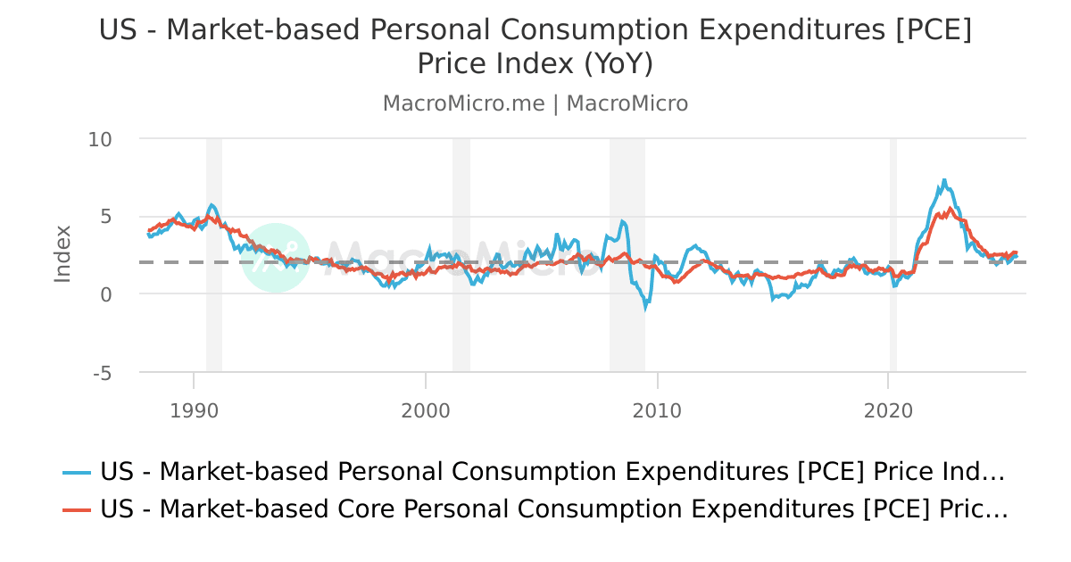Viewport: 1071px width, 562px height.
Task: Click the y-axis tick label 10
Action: (100, 139)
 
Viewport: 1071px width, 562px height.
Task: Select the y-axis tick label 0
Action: (105, 294)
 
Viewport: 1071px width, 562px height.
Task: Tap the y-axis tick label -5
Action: (102, 373)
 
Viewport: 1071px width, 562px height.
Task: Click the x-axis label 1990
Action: (194, 410)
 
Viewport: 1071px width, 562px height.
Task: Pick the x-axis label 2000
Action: (426, 410)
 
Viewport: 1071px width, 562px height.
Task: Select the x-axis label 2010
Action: (658, 410)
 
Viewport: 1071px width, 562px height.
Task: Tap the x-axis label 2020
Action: (889, 410)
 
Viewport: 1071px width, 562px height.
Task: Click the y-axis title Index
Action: (62, 254)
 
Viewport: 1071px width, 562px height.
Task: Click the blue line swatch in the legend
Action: (77, 472)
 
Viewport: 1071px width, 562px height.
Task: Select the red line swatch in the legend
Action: (77, 510)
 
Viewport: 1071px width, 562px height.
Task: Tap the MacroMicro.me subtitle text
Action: (463, 103)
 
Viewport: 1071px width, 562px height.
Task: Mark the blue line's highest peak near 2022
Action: (944, 180)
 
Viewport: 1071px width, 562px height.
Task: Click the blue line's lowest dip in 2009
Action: (646, 308)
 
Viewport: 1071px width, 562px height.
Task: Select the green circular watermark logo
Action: (276, 258)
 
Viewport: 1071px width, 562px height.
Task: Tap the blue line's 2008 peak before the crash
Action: (622, 221)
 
